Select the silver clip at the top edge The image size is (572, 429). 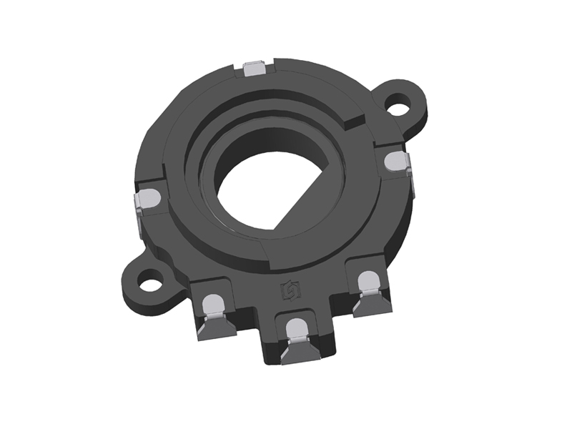tap(256, 69)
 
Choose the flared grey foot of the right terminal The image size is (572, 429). tap(374, 302)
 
